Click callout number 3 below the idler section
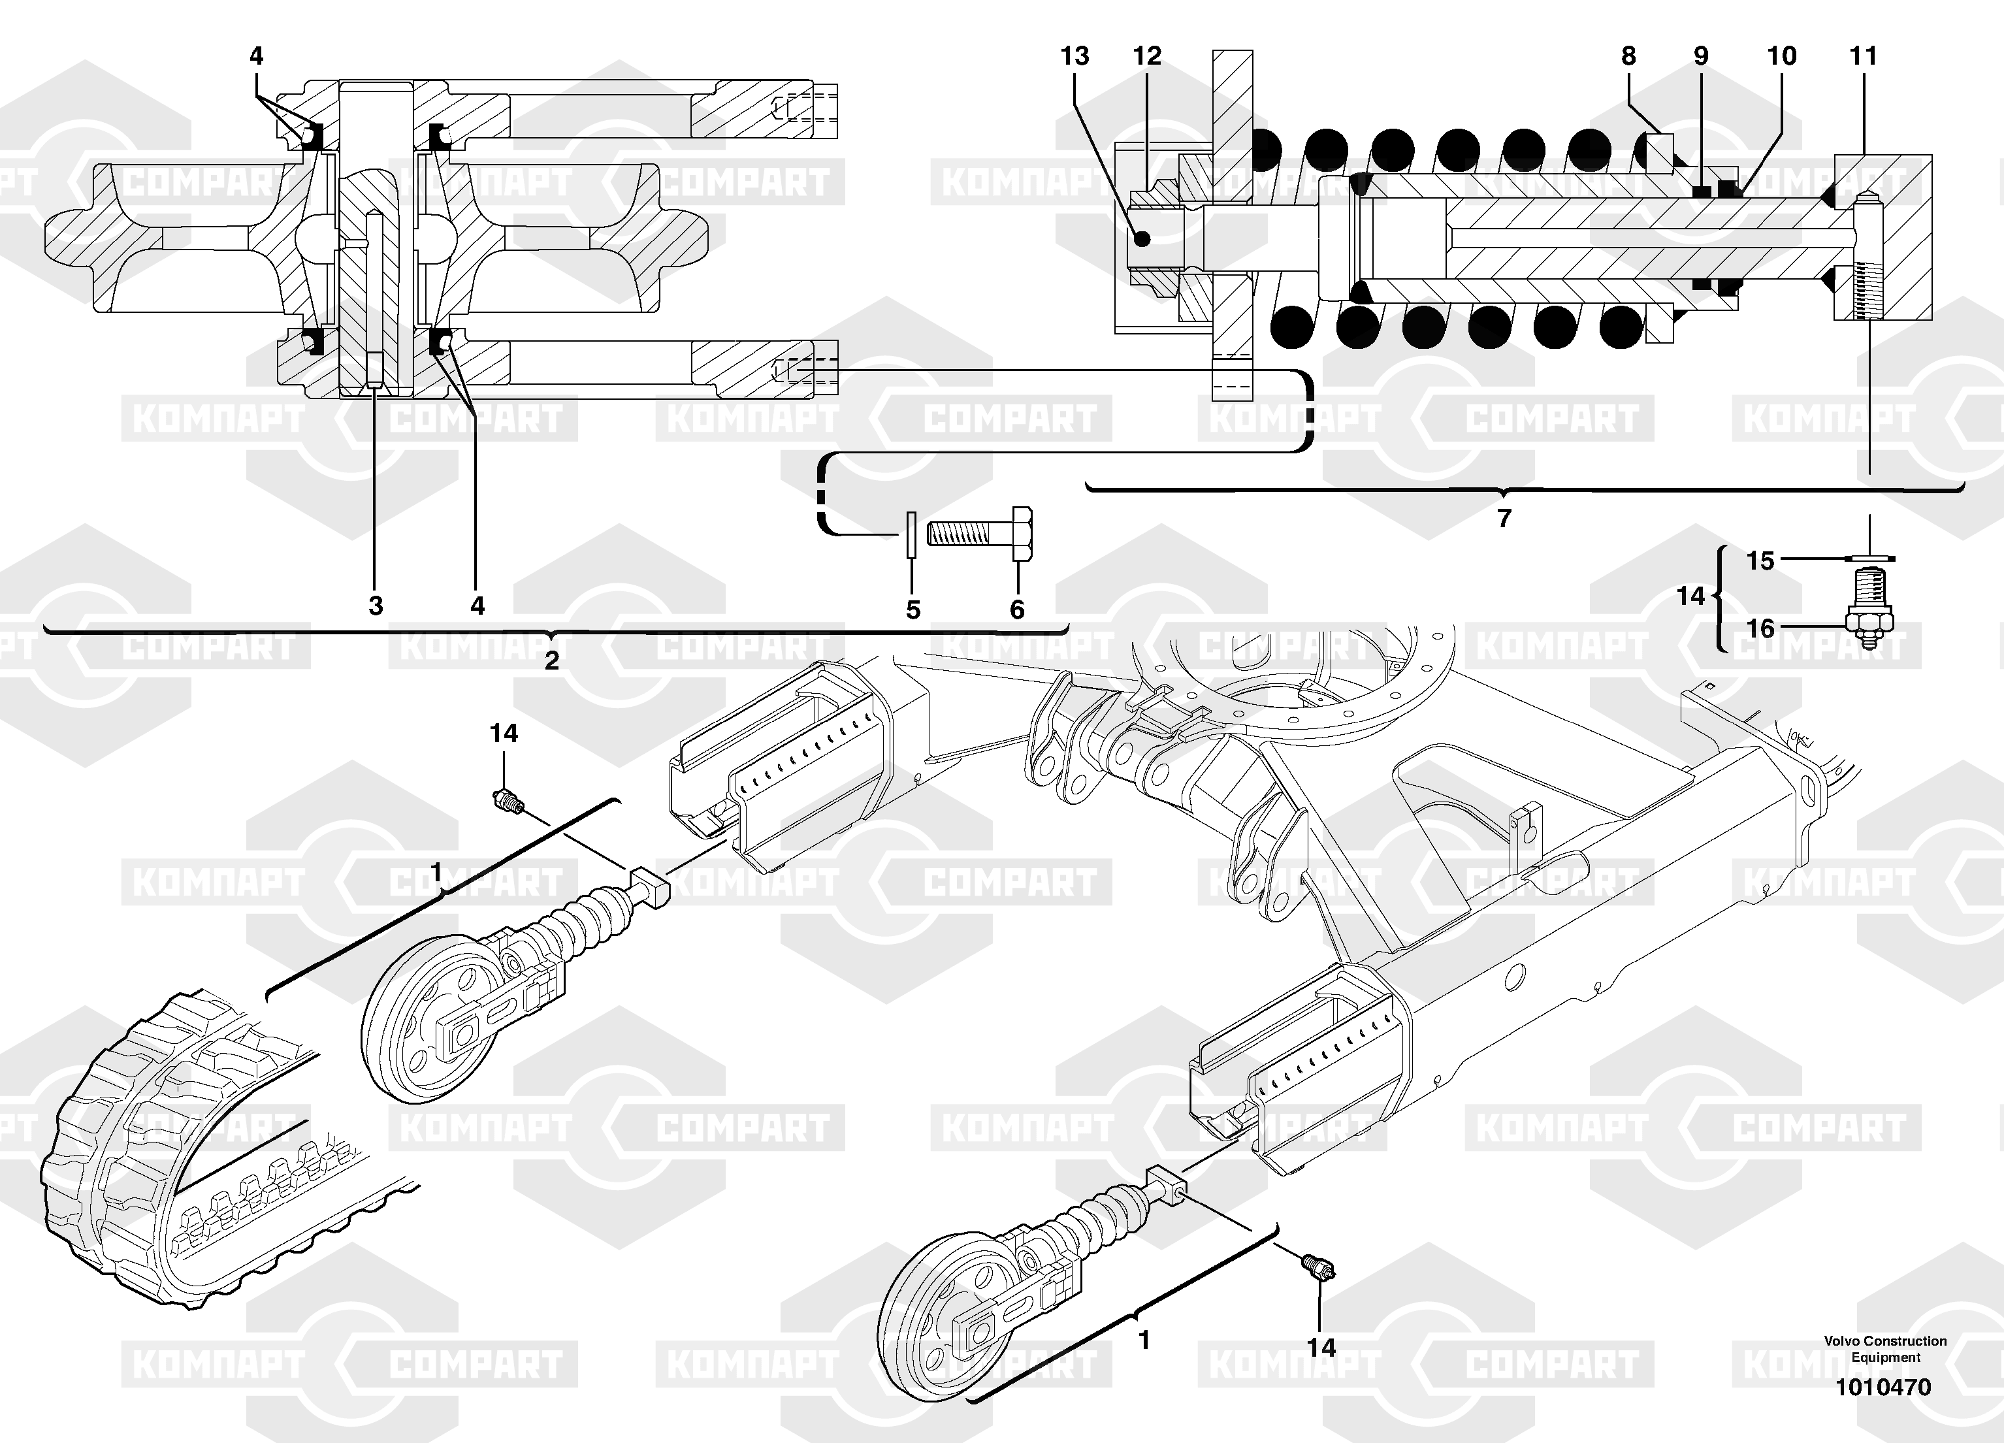click(376, 606)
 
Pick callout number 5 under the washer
click(913, 609)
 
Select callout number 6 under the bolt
click(1017, 609)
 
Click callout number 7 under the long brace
click(1504, 518)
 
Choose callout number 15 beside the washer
click(1760, 561)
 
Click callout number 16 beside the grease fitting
click(1760, 628)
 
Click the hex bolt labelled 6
click(980, 533)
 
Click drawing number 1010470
click(1883, 1387)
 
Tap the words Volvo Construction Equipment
click(1884, 1350)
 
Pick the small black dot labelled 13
click(1142, 238)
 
